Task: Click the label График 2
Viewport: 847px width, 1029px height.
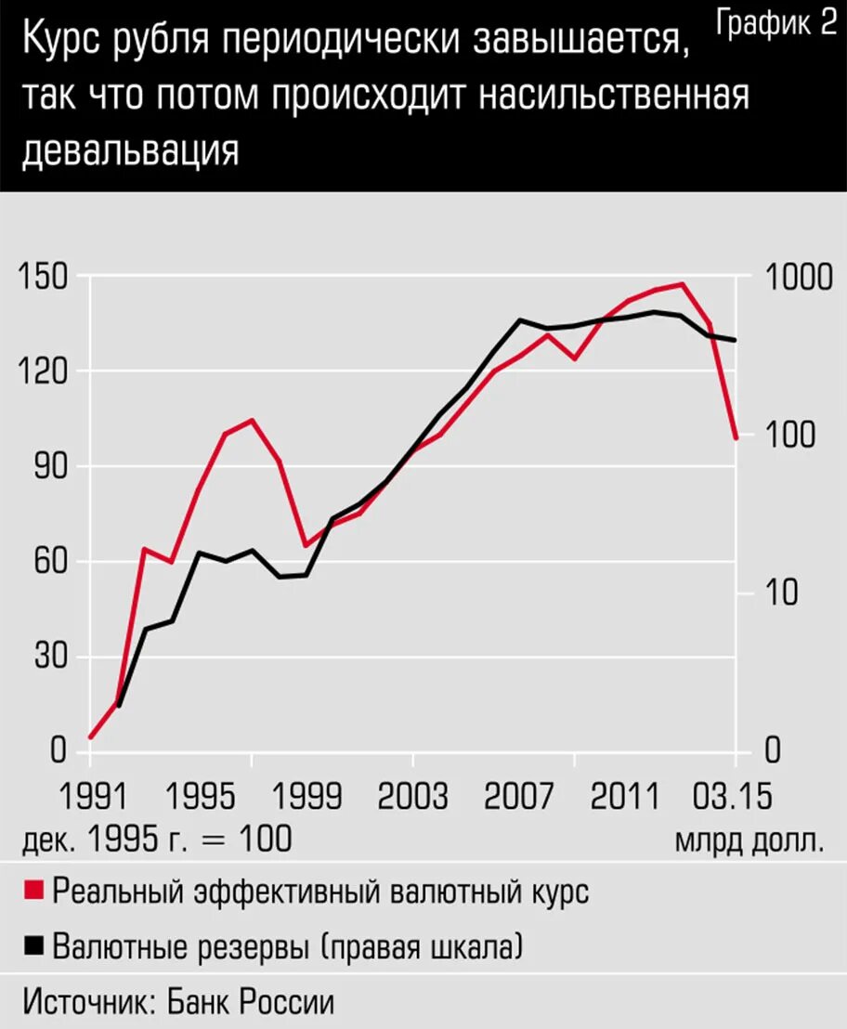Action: pyautogui.click(x=777, y=25)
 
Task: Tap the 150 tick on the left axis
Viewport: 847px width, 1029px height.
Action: pyautogui.click(x=46, y=277)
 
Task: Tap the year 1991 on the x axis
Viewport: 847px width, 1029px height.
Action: pyautogui.click(x=91, y=797)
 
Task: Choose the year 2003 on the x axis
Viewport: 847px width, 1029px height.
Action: pyautogui.click(x=411, y=797)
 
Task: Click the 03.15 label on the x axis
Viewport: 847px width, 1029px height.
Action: pyautogui.click(x=736, y=797)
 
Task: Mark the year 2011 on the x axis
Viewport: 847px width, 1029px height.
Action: pyautogui.click(x=627, y=797)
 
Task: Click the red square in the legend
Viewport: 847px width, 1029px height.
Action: pyautogui.click(x=33, y=890)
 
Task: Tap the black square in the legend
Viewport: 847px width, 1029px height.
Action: pyautogui.click(x=33, y=945)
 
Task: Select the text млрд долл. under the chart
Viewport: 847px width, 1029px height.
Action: pyautogui.click(x=749, y=840)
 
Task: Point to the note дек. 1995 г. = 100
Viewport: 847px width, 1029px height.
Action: pyautogui.click(x=157, y=840)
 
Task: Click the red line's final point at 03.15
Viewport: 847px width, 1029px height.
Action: pyautogui.click(x=736, y=437)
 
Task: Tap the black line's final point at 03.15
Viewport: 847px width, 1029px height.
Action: pyautogui.click(x=736, y=340)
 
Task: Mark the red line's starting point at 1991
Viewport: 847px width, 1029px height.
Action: pyautogui.click(x=91, y=737)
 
